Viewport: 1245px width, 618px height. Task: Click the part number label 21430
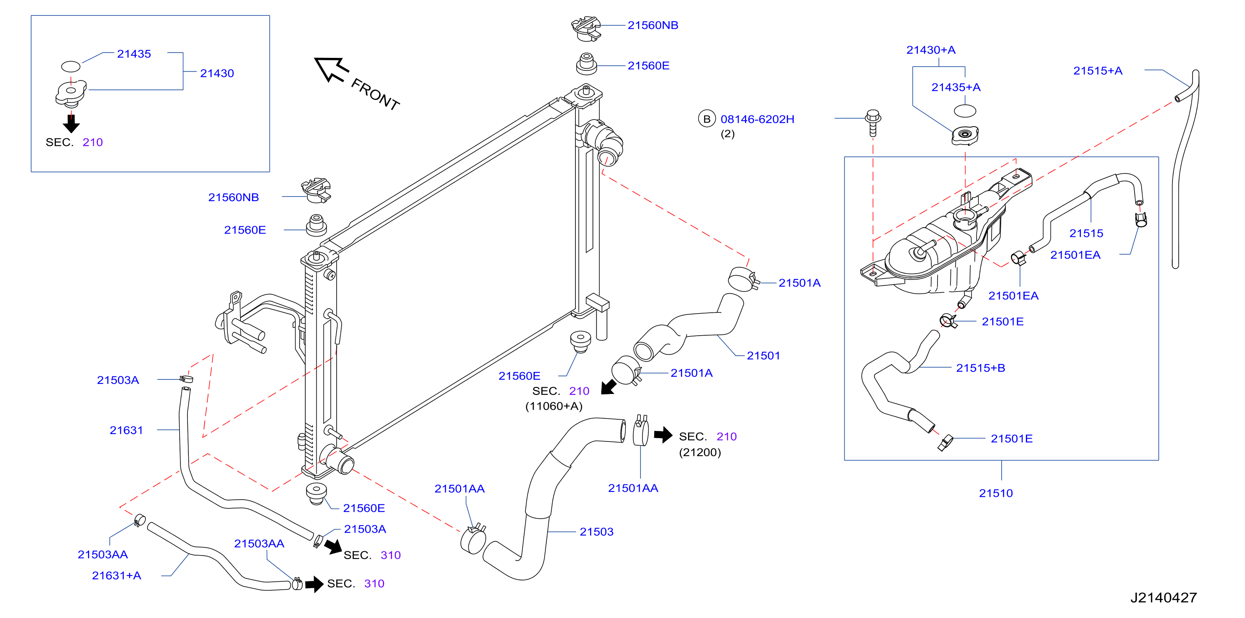tap(217, 73)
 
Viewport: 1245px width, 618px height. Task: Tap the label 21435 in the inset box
tap(134, 54)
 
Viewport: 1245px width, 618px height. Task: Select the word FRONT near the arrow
tap(375, 94)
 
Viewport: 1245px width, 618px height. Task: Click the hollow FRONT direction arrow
tap(331, 69)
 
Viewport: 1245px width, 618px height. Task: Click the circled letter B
tap(707, 119)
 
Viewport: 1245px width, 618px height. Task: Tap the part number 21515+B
tap(981, 368)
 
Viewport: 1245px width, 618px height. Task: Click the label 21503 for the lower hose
tap(596, 531)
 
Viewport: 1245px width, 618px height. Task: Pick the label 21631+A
tap(117, 576)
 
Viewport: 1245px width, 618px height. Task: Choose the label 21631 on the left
tap(126, 430)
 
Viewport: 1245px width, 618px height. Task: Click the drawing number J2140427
tap(1163, 598)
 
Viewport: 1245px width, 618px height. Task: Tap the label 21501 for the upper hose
tap(763, 356)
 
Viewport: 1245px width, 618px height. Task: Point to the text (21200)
tap(700, 452)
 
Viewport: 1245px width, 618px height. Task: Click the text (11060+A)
tap(554, 406)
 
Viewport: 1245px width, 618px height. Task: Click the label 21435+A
tap(955, 87)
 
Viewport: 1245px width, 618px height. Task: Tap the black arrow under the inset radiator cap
tap(71, 123)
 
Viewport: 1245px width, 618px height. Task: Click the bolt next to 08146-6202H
tap(873, 123)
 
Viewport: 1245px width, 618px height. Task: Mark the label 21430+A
tap(931, 50)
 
